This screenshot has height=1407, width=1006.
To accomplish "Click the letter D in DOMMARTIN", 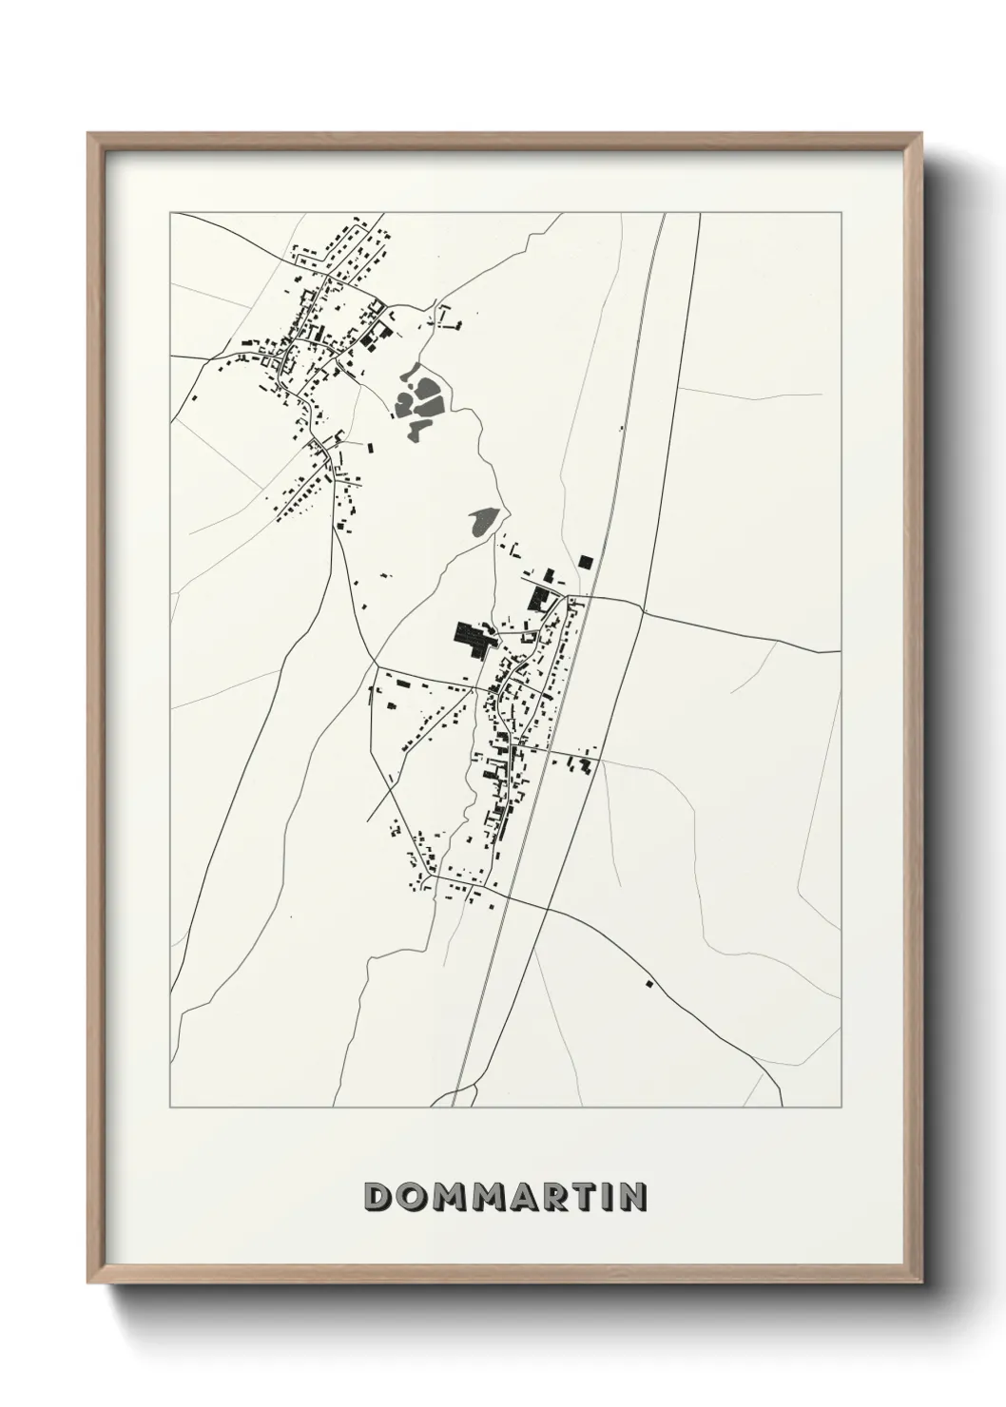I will pyautogui.click(x=380, y=1197).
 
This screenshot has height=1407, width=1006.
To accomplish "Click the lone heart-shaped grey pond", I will pyautogui.click(x=483, y=521).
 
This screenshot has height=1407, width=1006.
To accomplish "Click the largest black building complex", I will pyautogui.click(x=473, y=637).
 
